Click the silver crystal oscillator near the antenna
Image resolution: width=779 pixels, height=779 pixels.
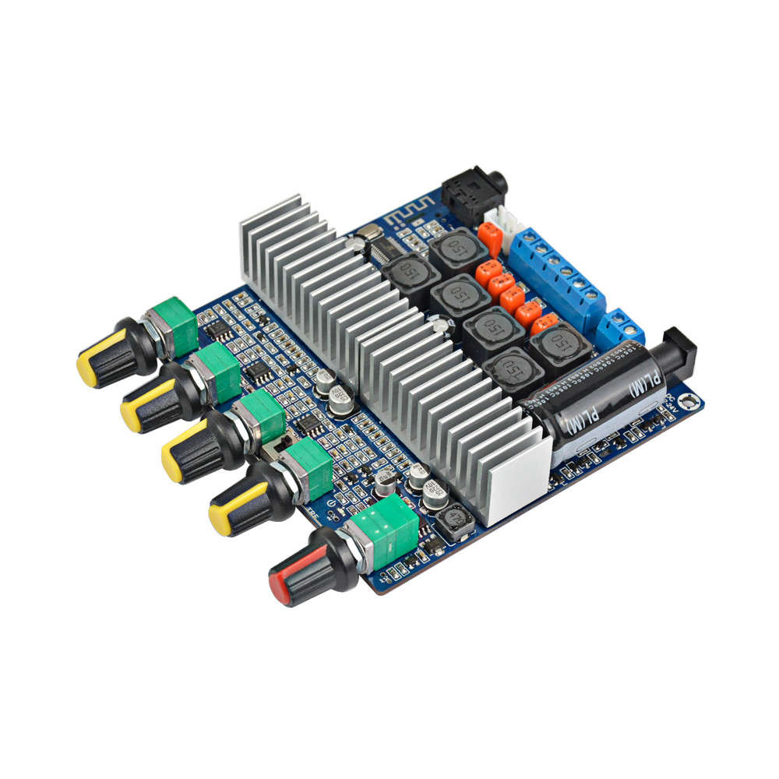pos(368,231)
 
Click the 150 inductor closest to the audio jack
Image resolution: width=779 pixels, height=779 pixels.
pos(457,249)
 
